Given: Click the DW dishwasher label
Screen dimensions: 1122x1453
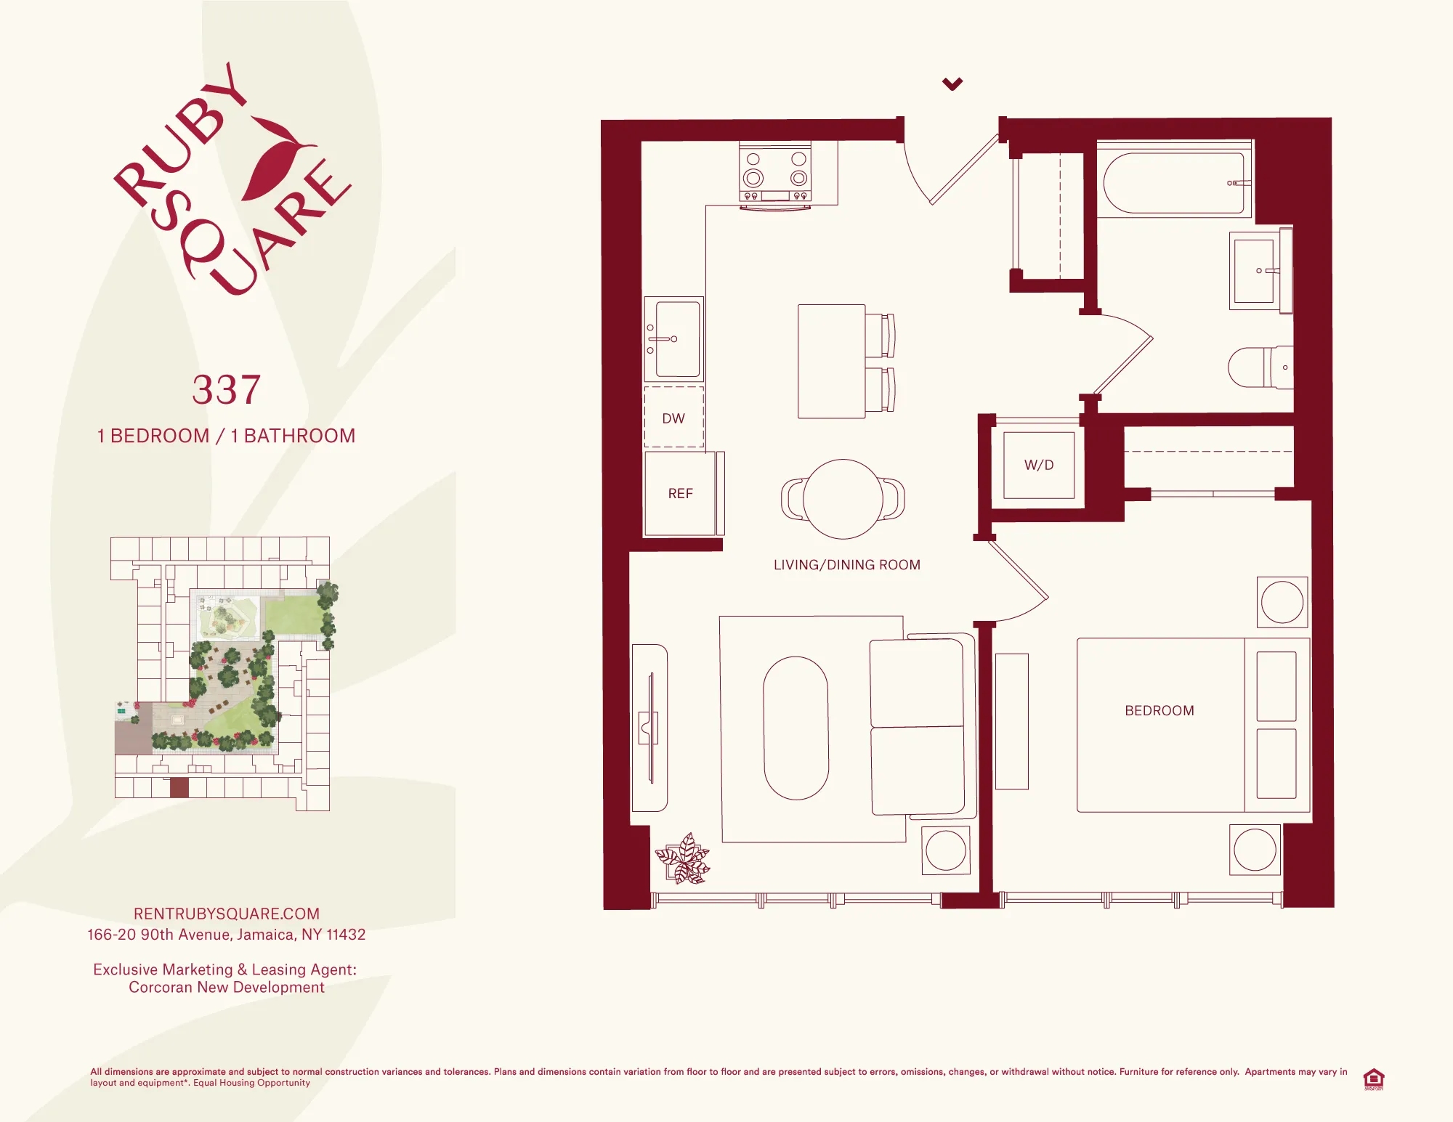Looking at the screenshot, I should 673,419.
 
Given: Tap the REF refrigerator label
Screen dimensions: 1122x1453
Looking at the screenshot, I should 681,494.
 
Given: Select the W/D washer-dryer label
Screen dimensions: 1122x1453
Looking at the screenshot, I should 1039,466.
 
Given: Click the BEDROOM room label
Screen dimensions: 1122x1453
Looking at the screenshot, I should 1159,711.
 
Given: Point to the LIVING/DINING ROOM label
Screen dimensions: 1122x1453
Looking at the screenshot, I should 847,565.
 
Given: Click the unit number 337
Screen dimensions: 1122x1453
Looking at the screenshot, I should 227,390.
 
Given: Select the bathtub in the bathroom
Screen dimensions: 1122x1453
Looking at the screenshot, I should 1173,183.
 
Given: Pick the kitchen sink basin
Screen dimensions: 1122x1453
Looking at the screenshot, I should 676,339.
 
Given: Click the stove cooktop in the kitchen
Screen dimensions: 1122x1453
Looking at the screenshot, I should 775,171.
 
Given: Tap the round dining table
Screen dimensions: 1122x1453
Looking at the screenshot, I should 843,499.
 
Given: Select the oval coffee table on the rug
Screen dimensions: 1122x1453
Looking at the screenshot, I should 796,728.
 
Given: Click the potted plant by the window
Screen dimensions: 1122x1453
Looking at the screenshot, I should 683,859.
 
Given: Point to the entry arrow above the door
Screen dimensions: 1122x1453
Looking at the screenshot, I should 952,84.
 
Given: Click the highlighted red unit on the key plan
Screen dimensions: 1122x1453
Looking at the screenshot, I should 179,787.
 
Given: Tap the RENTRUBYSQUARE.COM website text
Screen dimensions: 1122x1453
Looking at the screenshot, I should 227,914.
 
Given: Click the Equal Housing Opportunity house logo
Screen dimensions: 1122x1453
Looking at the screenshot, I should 1373,1078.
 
